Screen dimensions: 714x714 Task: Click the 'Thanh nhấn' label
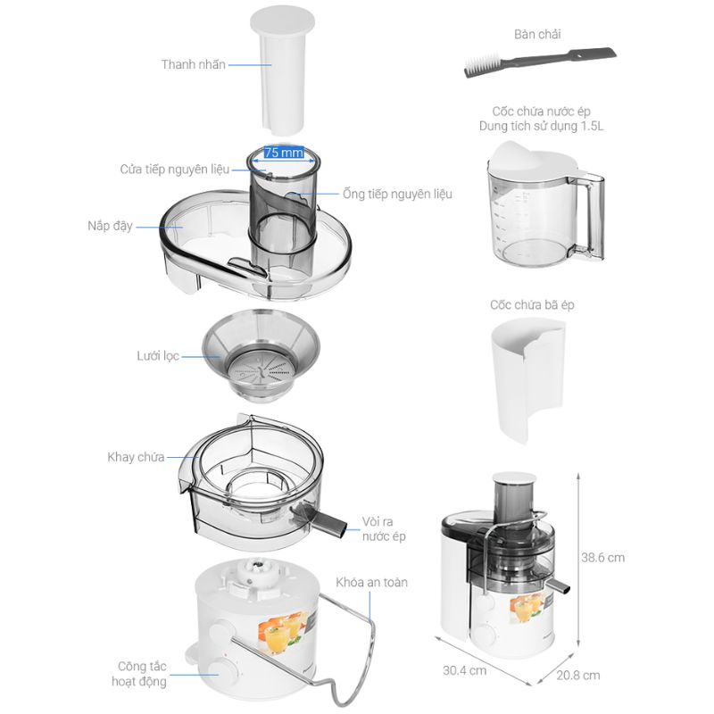[193, 64]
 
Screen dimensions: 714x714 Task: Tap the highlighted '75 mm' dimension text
[284, 153]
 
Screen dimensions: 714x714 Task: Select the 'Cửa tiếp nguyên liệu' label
[174, 170]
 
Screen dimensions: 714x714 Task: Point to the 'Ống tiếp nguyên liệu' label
[397, 194]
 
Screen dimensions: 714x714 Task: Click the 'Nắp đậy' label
[110, 226]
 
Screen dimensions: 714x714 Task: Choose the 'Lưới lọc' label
[158, 356]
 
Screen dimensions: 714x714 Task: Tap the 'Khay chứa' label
[136, 457]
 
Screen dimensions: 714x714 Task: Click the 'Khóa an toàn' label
[371, 583]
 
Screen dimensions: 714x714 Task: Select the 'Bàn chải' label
[537, 34]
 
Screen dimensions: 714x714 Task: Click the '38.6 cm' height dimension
[603, 558]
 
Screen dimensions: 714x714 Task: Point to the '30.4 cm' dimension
[464, 671]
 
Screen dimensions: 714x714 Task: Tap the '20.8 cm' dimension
[577, 676]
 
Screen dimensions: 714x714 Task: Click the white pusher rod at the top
[282, 71]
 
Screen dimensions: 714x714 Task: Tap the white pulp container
[528, 380]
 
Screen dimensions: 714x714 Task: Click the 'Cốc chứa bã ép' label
[532, 304]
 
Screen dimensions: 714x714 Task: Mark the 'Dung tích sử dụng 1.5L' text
[541, 126]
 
